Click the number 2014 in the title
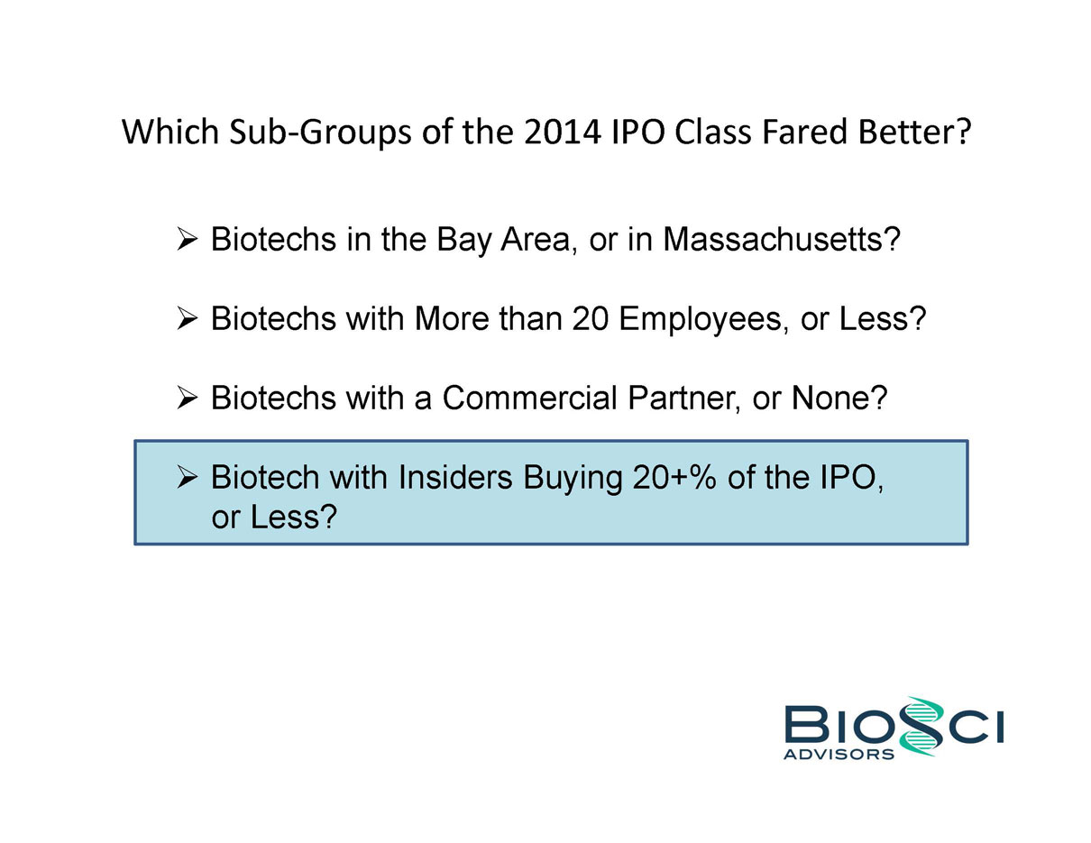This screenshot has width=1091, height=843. pyautogui.click(x=562, y=132)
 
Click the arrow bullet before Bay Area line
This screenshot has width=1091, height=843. pyautogui.click(x=188, y=239)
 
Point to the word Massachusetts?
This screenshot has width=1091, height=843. pyautogui.click(x=782, y=239)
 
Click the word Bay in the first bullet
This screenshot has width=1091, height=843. pyautogui.click(x=464, y=241)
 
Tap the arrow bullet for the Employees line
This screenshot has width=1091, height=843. pyautogui.click(x=188, y=318)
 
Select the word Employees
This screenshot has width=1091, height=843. pyautogui.click(x=701, y=320)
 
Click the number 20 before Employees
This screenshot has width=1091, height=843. pyautogui.click(x=590, y=318)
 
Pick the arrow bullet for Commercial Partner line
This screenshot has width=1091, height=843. pyautogui.click(x=188, y=398)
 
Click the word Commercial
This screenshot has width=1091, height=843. pyautogui.click(x=529, y=398)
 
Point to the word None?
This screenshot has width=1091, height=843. pyautogui.click(x=839, y=398)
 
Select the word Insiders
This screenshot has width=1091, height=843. pyautogui.click(x=455, y=477)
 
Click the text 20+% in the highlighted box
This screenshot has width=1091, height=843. pyautogui.click(x=674, y=477)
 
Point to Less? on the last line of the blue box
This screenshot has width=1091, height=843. pyautogui.click(x=294, y=517)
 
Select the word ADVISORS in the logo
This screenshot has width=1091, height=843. pyautogui.click(x=839, y=754)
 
